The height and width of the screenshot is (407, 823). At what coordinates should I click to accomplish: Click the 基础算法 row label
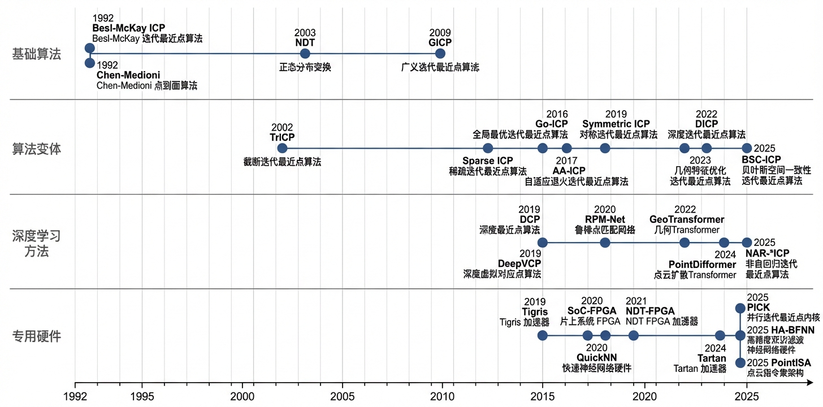pyautogui.click(x=37, y=54)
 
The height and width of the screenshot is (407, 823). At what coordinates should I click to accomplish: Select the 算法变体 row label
pyautogui.click(x=37, y=149)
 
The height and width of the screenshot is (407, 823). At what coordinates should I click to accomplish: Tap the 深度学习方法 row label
pyautogui.click(x=37, y=243)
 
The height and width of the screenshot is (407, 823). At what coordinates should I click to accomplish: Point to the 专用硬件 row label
pyautogui.click(x=37, y=337)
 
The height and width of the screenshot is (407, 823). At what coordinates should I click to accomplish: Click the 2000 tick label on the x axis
pyautogui.click(x=242, y=396)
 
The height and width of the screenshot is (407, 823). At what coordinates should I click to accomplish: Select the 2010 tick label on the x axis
pyautogui.click(x=442, y=396)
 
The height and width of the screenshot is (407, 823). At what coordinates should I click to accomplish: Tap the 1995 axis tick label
pyautogui.click(x=142, y=396)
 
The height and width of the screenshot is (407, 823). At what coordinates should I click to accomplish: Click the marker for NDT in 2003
pyautogui.click(x=305, y=54)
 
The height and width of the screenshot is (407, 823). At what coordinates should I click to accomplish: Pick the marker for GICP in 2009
pyautogui.click(x=440, y=54)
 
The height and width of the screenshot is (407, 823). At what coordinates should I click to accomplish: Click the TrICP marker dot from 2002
pyautogui.click(x=283, y=148)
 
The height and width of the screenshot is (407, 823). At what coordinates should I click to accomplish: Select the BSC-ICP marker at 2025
pyautogui.click(x=747, y=148)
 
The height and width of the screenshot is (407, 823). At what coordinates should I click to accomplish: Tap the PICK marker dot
pyautogui.click(x=740, y=308)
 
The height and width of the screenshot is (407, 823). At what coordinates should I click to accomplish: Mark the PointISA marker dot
pyautogui.click(x=740, y=362)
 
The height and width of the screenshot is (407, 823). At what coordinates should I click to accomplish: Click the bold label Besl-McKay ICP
pyautogui.click(x=128, y=28)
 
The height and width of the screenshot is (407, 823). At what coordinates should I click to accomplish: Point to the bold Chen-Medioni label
pyautogui.click(x=128, y=75)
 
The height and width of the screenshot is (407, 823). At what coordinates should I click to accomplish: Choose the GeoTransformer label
pyautogui.click(x=687, y=219)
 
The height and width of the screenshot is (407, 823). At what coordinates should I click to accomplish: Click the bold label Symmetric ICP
pyautogui.click(x=616, y=124)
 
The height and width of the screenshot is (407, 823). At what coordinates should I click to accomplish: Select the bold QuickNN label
pyautogui.click(x=596, y=357)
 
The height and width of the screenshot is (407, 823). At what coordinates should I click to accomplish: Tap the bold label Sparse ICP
pyautogui.click(x=488, y=161)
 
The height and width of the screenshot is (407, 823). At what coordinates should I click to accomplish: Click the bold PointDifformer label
pyautogui.click(x=702, y=265)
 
